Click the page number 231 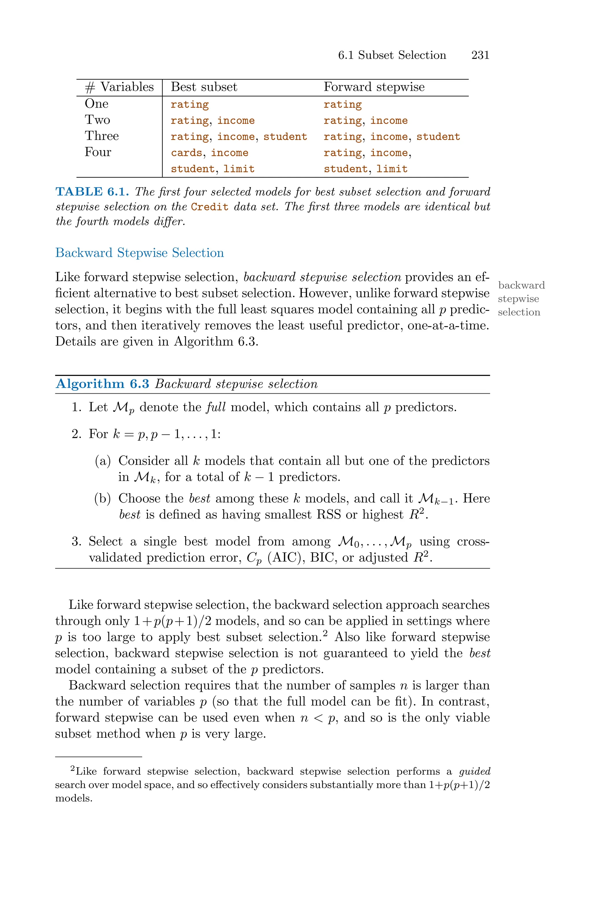point(480,55)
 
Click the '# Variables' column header point(119,87)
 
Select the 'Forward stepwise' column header point(374,87)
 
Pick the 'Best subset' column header point(204,87)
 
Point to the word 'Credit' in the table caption point(210,207)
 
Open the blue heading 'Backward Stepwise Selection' point(139,253)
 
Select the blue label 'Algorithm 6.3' point(102,384)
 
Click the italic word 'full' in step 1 point(216,407)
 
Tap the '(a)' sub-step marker point(102,461)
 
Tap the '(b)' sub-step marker point(102,499)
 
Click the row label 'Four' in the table point(98,152)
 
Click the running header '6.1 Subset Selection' point(392,55)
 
